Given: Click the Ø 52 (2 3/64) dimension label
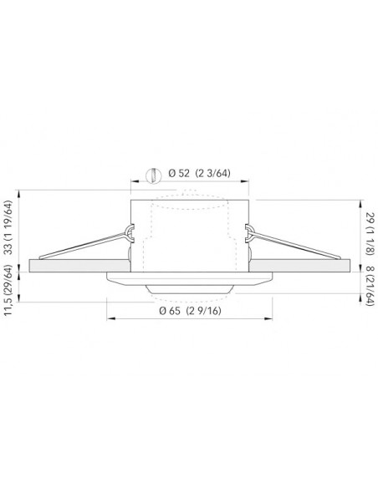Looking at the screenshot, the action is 199,173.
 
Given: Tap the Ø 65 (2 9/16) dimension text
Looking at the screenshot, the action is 190,311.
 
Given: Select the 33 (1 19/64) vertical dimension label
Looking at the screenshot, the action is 8,227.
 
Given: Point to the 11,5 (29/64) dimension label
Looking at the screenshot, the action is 8,290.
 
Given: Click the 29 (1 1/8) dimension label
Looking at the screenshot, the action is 370,234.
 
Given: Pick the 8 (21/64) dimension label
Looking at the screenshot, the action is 370,286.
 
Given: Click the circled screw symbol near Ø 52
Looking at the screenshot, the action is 154,175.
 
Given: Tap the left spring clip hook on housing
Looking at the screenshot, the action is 130,233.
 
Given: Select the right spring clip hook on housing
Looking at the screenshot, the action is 249,233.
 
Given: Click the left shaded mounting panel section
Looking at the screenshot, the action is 79,266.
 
